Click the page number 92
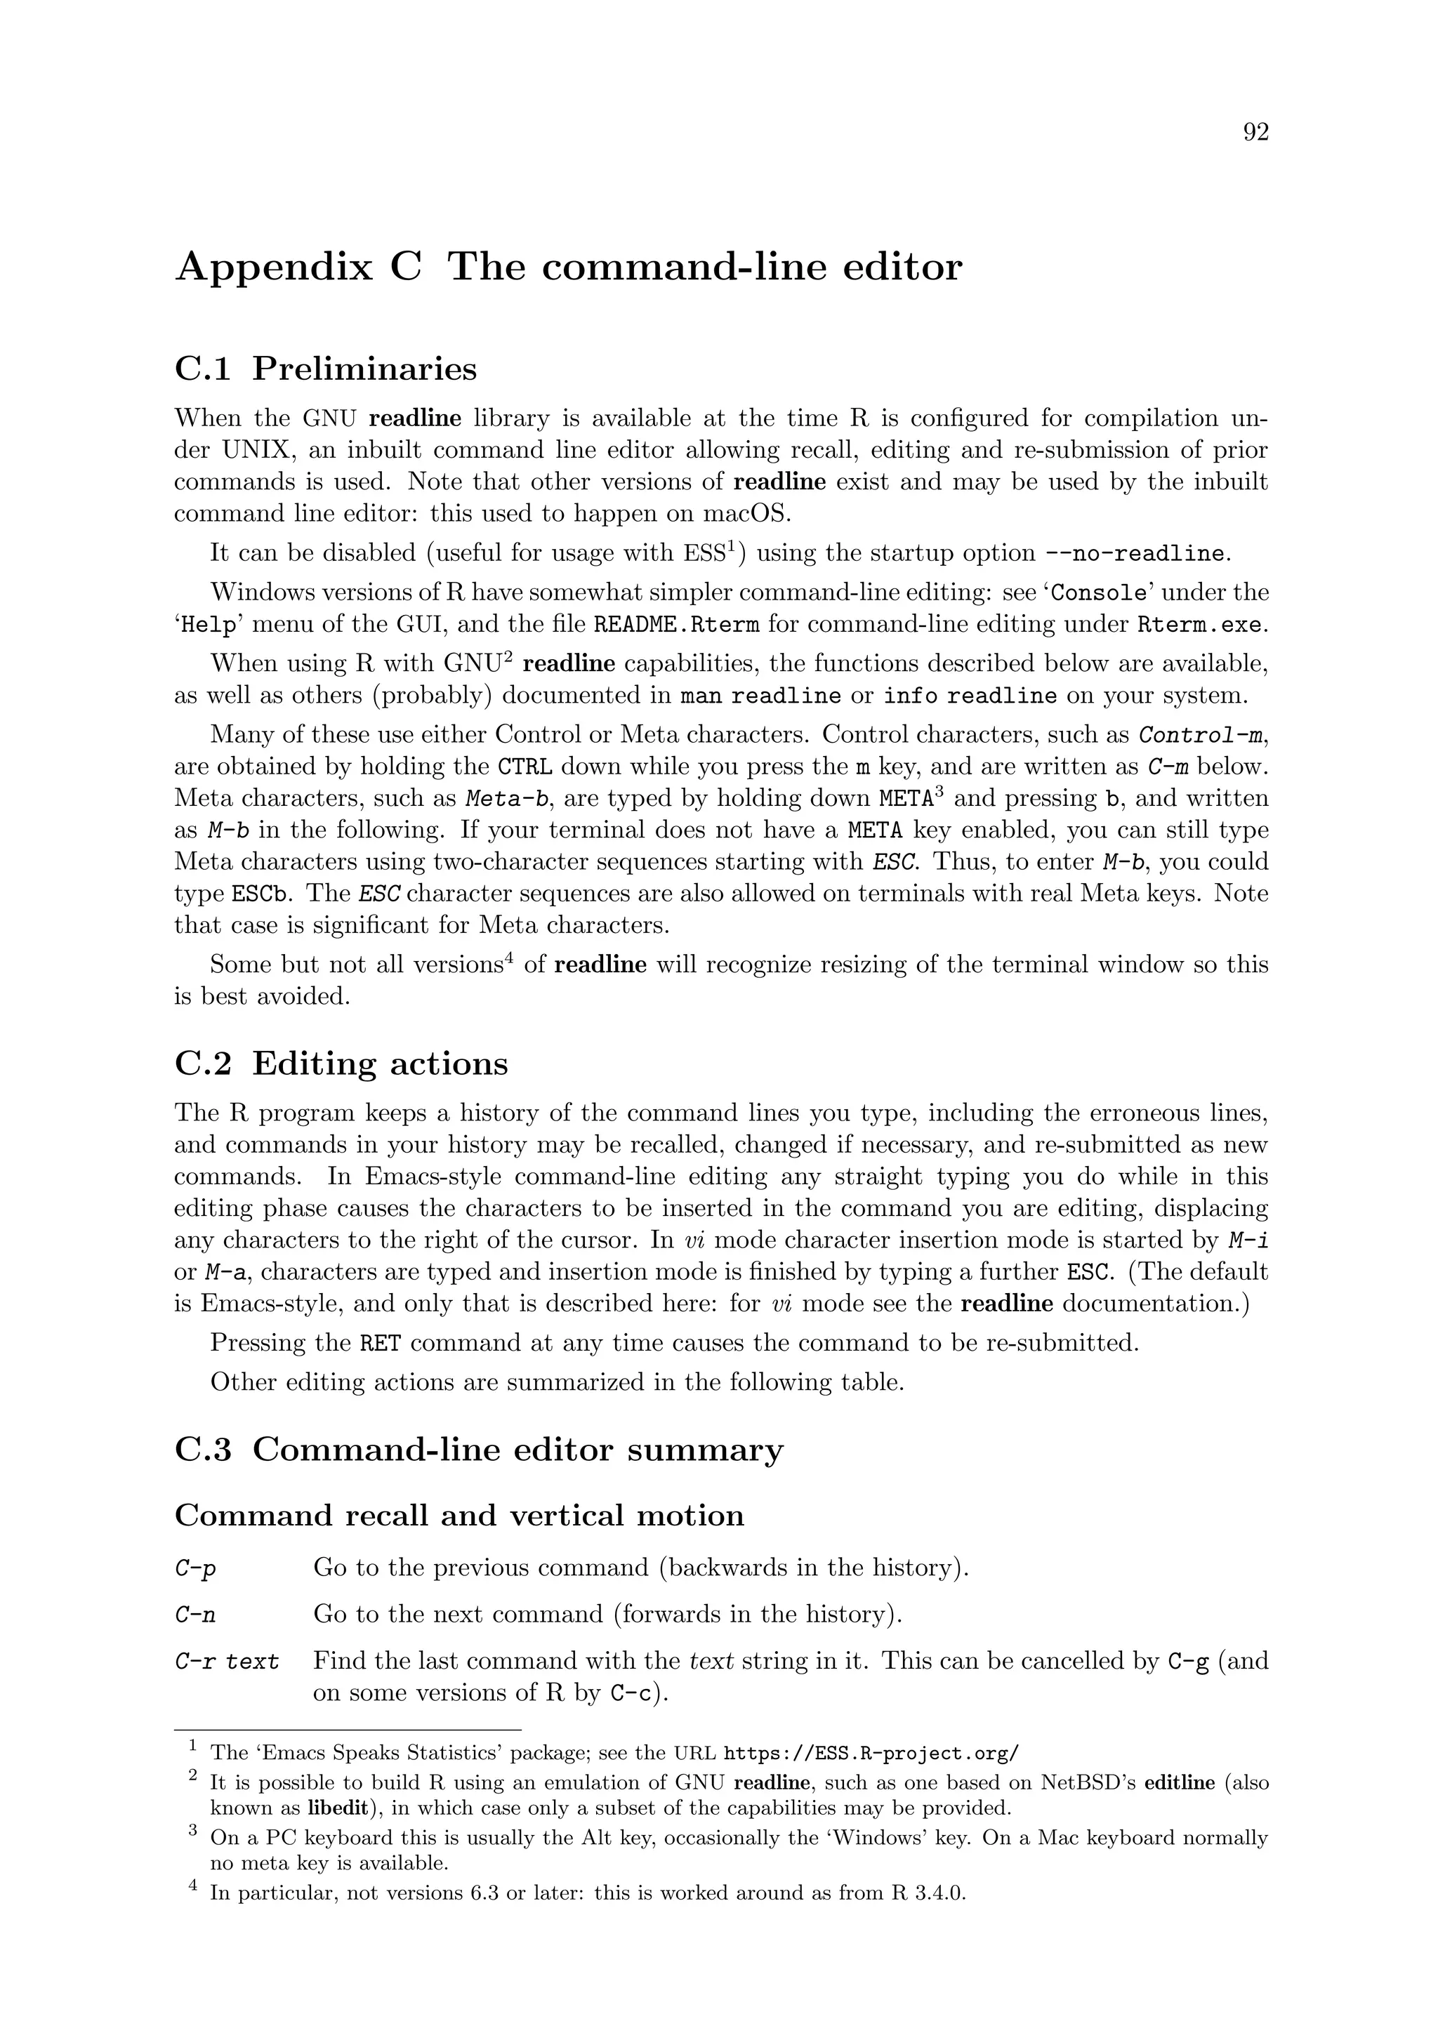(1255, 133)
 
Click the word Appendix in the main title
(274, 267)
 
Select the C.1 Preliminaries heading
(325, 369)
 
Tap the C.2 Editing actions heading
(341, 1064)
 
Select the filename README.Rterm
(676, 625)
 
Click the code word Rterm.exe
(1200, 625)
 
